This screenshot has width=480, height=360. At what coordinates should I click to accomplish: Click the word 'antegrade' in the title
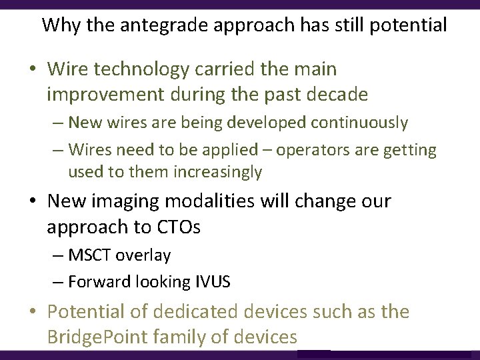[143, 26]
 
